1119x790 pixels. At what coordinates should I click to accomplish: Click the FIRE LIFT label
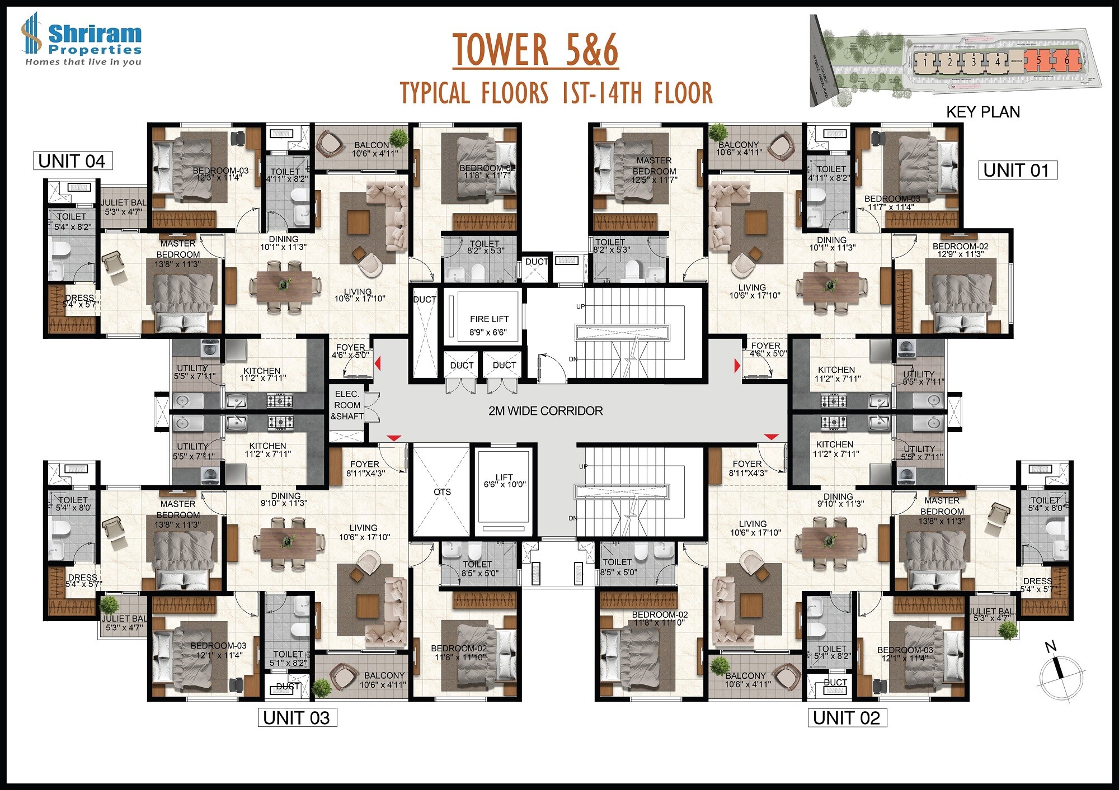point(489,325)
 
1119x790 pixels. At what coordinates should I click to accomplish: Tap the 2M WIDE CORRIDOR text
point(546,411)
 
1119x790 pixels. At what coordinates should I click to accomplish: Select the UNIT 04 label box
point(72,161)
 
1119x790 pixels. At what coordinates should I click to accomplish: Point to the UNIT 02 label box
point(847,718)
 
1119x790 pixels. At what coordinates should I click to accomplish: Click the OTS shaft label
point(442,492)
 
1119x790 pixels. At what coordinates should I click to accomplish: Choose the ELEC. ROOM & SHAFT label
point(347,405)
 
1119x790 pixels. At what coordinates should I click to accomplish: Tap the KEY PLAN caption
point(982,112)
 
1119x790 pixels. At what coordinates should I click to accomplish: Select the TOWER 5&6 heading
point(535,50)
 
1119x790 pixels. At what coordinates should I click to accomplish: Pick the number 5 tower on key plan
point(1038,60)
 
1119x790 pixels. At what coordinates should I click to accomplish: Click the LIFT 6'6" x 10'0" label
point(504,481)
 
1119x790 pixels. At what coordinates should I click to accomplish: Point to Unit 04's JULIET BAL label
point(124,207)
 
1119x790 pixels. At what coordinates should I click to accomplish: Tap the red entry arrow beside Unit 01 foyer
point(737,366)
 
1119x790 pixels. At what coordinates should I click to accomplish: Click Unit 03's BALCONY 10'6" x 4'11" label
point(383,680)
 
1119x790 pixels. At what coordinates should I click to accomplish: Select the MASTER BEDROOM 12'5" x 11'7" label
point(654,170)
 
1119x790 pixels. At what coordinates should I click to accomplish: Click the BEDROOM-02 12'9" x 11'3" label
point(960,250)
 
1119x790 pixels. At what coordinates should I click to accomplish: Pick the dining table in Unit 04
point(284,285)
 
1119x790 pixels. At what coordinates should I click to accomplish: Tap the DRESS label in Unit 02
point(1037,585)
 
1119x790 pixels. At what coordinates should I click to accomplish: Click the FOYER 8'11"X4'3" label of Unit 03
point(365,469)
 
